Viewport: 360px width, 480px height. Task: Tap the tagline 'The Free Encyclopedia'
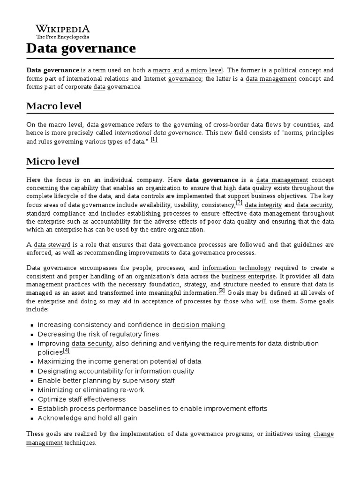(x=62, y=37)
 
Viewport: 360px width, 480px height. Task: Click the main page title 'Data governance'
(x=81, y=48)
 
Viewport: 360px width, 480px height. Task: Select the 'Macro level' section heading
(x=54, y=106)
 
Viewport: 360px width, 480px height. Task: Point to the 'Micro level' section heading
(x=53, y=161)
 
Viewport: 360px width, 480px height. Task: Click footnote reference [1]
(x=154, y=140)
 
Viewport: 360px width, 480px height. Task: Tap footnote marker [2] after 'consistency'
(x=239, y=203)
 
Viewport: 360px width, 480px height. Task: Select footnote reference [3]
(x=222, y=291)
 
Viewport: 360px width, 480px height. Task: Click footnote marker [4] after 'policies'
(x=67, y=350)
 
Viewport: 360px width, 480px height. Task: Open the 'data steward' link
(x=52, y=245)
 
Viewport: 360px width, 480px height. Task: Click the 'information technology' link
(x=237, y=268)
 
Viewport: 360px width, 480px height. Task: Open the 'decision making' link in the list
(x=199, y=325)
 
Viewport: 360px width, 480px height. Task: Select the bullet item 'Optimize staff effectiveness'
(x=82, y=399)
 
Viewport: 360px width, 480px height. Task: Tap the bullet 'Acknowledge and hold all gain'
(x=87, y=418)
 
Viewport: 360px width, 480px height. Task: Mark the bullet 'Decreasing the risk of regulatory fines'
(x=98, y=334)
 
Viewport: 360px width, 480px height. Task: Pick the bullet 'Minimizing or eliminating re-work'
(x=91, y=390)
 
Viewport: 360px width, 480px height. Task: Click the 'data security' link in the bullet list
(x=92, y=344)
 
